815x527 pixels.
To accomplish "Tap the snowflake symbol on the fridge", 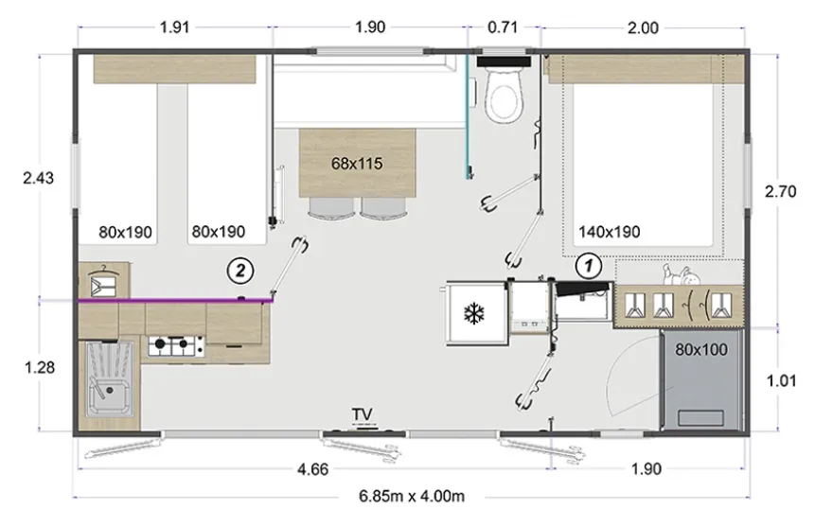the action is (474, 314).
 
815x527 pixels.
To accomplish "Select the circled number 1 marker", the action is (589, 266).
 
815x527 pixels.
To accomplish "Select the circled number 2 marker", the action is (240, 271).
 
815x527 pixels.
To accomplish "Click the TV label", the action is (363, 414).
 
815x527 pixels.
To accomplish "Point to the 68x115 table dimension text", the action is (357, 163).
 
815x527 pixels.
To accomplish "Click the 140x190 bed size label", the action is (610, 232).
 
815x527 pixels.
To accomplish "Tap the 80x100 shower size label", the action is (701, 350).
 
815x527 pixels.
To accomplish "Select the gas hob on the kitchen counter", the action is (177, 345).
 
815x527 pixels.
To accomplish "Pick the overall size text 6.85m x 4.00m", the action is (412, 497).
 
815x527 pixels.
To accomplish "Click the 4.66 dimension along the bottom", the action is (313, 469).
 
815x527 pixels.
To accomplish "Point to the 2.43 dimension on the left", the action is (39, 178).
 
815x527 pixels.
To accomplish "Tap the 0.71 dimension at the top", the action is (503, 27).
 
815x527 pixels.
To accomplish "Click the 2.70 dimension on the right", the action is (781, 191).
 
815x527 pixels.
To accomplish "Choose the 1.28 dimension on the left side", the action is (40, 367).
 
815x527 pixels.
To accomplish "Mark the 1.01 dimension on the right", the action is (781, 381).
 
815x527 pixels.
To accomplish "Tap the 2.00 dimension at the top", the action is (643, 27).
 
